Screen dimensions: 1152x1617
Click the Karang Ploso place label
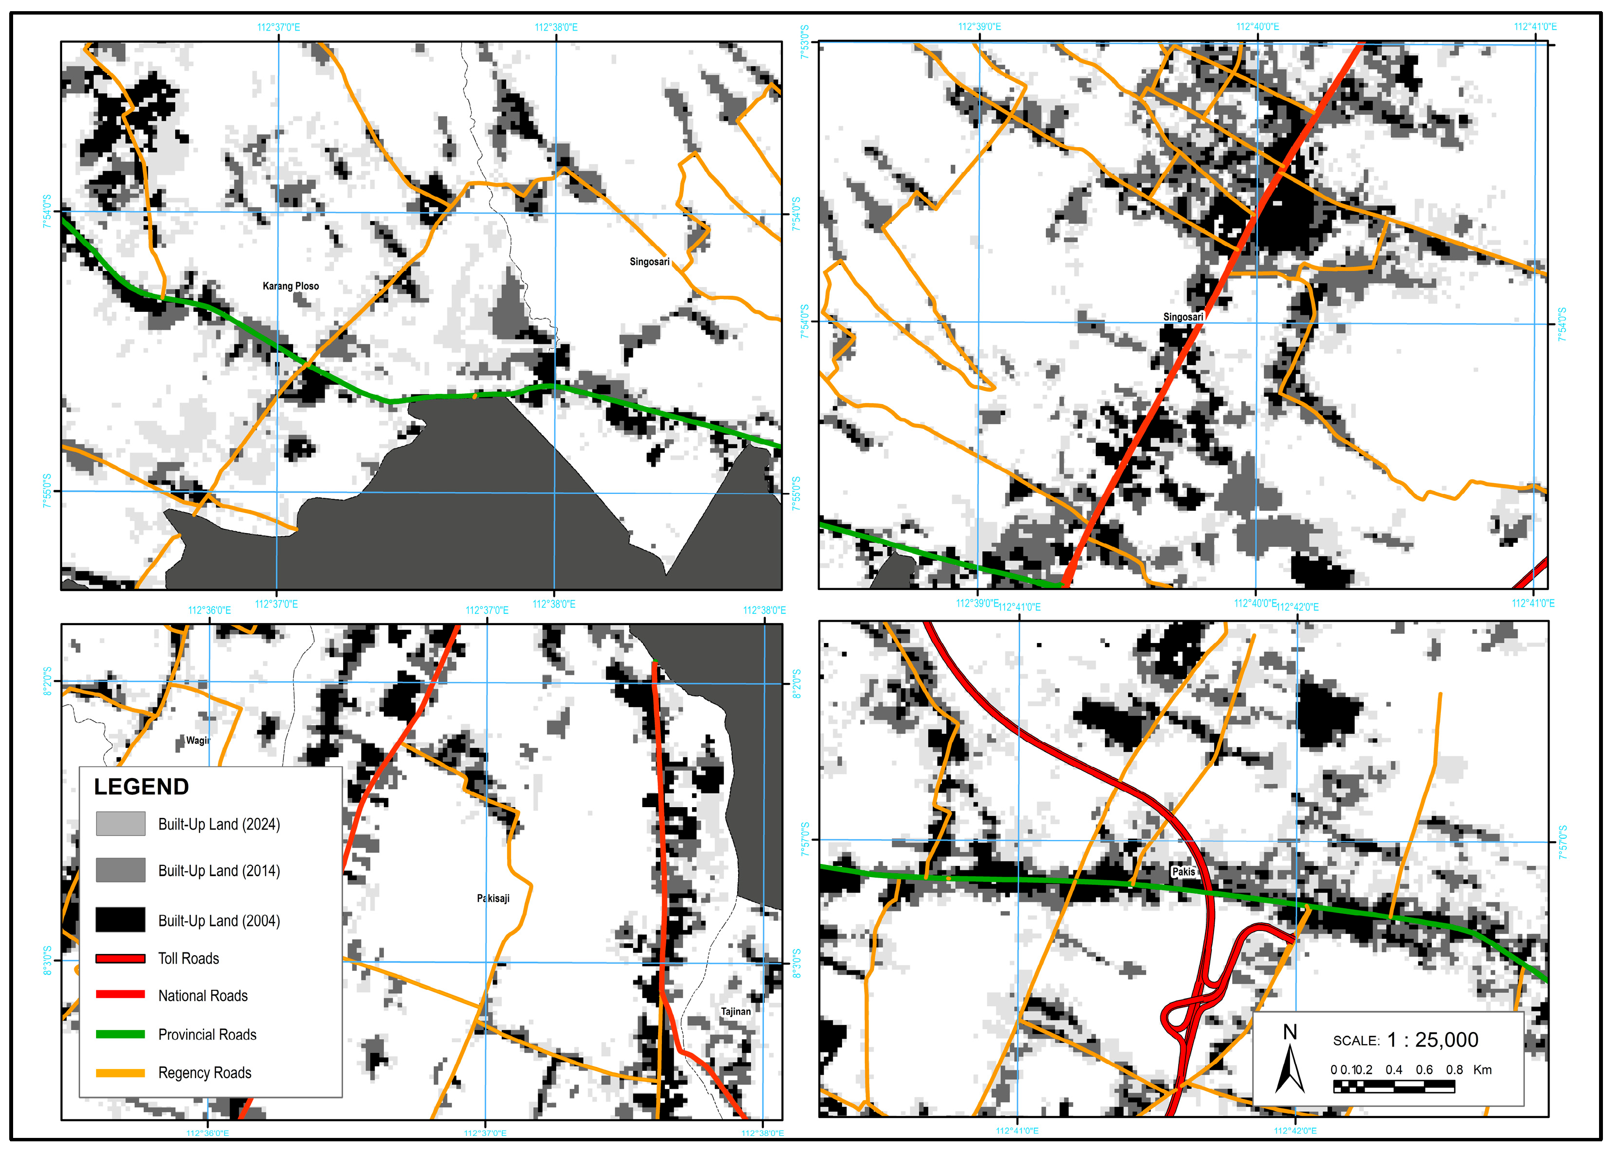291,286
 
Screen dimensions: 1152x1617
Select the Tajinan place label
735,1012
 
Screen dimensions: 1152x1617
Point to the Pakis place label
1183,871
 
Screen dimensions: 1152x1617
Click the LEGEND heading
141,787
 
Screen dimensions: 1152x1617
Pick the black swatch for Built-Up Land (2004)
120,919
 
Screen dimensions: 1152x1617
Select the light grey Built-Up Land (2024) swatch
120,824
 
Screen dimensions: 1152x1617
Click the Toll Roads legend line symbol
120,958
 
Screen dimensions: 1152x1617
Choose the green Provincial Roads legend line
120,1034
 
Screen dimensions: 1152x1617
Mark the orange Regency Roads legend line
120,1072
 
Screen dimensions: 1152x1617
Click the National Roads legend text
203,996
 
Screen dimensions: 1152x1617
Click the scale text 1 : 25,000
1432,1040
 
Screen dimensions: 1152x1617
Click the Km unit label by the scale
1482,1070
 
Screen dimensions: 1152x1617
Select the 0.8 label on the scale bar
1453,1070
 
